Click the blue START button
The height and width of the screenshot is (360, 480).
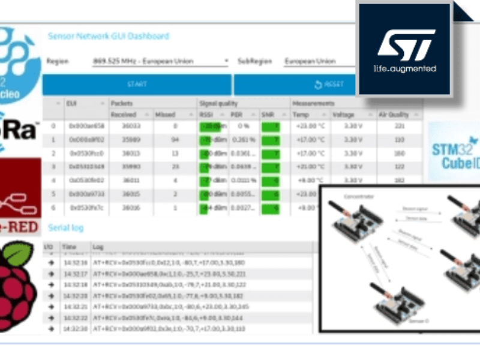[x=137, y=85]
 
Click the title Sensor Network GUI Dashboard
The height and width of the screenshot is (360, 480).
[x=109, y=36]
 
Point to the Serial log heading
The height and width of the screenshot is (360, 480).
[x=66, y=228]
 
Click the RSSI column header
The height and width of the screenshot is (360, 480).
[x=207, y=115]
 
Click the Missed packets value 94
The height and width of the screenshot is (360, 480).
[x=175, y=140]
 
